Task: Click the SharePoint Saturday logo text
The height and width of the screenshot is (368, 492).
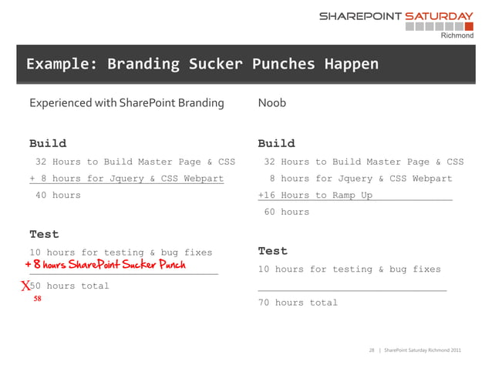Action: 396,15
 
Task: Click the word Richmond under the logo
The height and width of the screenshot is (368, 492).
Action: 457,35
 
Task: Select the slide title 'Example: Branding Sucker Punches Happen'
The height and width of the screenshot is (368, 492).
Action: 202,64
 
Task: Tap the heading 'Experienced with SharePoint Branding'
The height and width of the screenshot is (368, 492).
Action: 126,102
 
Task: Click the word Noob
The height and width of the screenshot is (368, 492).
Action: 271,102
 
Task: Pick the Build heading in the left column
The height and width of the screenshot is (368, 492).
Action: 48,143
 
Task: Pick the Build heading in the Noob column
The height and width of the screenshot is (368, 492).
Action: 276,143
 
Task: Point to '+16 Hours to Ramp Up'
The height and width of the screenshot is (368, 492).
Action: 315,196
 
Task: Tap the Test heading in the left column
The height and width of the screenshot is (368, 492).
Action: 44,234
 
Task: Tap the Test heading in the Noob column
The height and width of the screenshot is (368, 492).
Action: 272,251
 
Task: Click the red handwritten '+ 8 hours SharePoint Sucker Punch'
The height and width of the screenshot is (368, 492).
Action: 105,266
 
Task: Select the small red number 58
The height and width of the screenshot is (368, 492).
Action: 37,299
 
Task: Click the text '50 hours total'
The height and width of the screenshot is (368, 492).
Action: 69,286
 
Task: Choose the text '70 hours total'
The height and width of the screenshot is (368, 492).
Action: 298,303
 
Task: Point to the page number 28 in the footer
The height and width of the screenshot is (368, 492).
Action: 373,351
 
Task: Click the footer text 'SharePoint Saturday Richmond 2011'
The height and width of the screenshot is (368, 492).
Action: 423,351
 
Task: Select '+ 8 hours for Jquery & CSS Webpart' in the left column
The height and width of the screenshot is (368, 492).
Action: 126,179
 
